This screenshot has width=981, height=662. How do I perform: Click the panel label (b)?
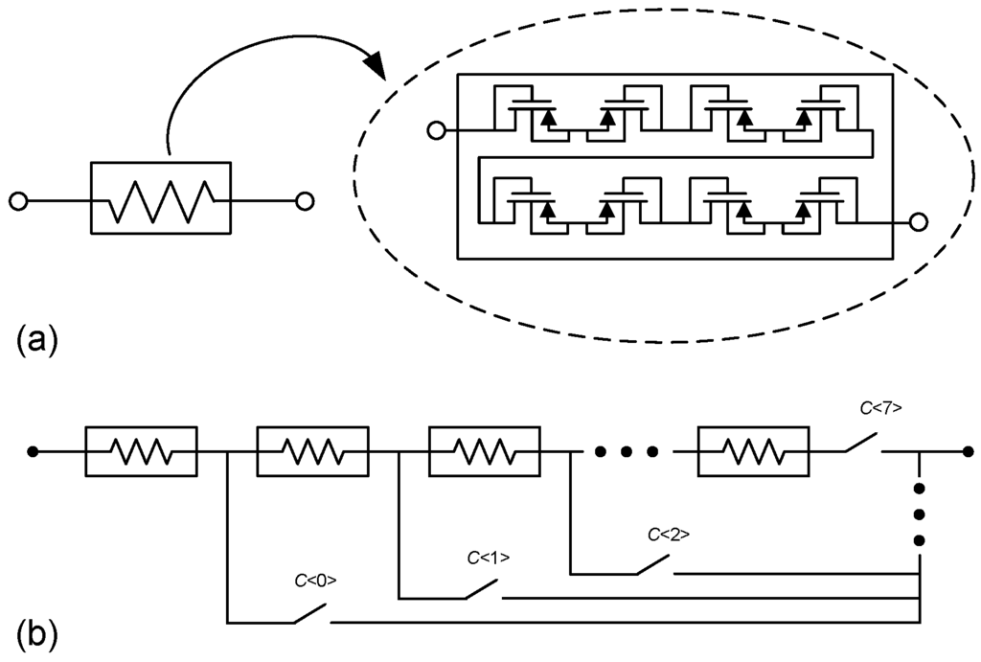pyautogui.click(x=37, y=633)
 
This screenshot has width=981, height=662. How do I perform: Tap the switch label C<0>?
pyautogui.click(x=314, y=580)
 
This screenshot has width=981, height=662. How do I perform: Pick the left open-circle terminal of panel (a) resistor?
pyautogui.click(x=17, y=201)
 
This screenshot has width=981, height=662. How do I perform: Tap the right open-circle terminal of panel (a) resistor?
pyautogui.click(x=305, y=201)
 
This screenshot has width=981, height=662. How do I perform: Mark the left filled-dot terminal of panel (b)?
pyautogui.click(x=34, y=451)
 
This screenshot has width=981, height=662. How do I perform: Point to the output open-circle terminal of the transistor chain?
pyautogui.click(x=918, y=222)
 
